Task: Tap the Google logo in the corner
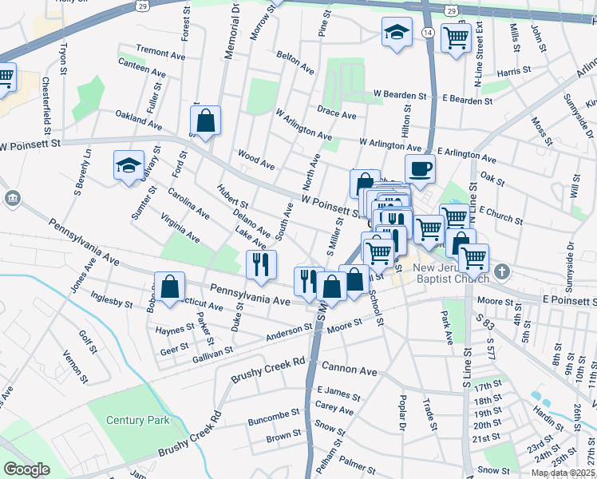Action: pyautogui.click(x=26, y=469)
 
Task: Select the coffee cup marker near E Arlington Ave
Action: pyautogui.click(x=420, y=168)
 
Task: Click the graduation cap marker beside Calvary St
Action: pyautogui.click(x=128, y=166)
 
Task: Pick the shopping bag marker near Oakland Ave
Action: pyautogui.click(x=206, y=121)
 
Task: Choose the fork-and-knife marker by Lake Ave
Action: pyautogui.click(x=261, y=264)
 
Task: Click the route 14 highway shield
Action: pyautogui.click(x=428, y=32)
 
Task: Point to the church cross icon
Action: pyautogui.click(x=501, y=271)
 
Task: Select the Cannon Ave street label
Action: pyautogui.click(x=349, y=370)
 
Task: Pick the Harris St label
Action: pyautogui.click(x=513, y=72)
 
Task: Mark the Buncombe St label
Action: pyautogui.click(x=273, y=414)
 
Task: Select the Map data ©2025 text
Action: pyautogui.click(x=563, y=473)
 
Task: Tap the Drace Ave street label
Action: pyautogui.click(x=336, y=114)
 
